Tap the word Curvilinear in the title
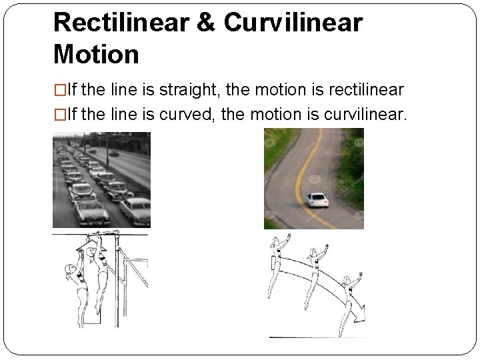coord(293,23)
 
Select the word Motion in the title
coord(96,53)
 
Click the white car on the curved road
coord(317,199)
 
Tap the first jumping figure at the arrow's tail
coord(277,267)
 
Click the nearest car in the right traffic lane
coord(135,212)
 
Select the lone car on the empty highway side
coord(114,153)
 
